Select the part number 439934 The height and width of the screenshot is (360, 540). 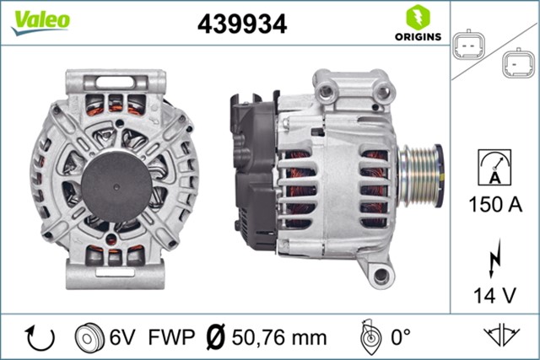(241, 24)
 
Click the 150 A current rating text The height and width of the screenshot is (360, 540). (494, 206)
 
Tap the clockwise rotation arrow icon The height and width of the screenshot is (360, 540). (40, 337)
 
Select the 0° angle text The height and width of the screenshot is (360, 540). (397, 337)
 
